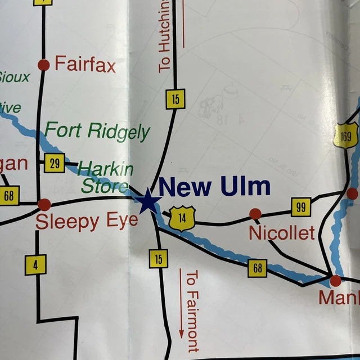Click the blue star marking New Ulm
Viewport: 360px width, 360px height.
tap(148, 201)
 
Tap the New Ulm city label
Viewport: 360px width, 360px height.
tap(214, 186)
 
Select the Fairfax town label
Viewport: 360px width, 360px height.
tap(85, 65)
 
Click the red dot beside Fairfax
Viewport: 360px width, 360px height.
tap(43, 65)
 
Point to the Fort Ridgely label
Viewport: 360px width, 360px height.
tap(97, 132)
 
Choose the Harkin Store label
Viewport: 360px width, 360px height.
tap(106, 176)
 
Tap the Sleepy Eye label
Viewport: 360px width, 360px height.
tap(87, 222)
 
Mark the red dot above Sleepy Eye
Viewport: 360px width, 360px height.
tap(44, 205)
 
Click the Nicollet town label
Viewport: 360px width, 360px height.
tap(281, 233)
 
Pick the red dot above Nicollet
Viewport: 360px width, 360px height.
tap(255, 214)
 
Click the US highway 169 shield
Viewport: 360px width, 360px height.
tap(345, 136)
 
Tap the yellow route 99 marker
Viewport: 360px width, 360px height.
tap(301, 207)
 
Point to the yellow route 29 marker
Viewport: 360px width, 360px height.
tap(55, 163)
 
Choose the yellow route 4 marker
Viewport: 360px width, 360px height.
tap(35, 264)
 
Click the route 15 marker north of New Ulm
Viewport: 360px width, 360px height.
tap(175, 100)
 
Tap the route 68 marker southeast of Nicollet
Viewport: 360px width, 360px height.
tap(257, 268)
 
